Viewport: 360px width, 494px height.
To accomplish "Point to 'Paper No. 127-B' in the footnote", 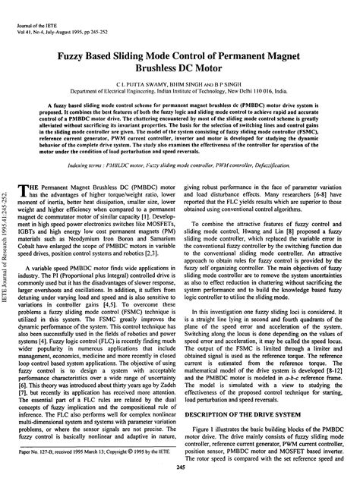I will [52, 472].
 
